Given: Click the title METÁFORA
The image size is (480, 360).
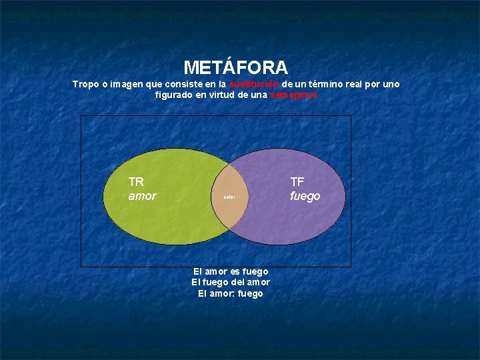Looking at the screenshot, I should (x=235, y=67).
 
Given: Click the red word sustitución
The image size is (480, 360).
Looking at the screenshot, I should (x=254, y=85).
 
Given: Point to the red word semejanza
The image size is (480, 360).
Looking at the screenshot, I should (x=294, y=95).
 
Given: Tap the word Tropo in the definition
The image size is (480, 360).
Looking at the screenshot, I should (x=85, y=85).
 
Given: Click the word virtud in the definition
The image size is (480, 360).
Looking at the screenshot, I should (x=226, y=95).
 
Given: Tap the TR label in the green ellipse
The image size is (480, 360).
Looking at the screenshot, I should (x=136, y=181).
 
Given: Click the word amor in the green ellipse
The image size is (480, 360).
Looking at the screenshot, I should (x=142, y=196).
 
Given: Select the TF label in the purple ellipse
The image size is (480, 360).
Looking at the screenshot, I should (x=297, y=181).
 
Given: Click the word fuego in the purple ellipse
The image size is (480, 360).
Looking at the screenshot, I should (x=305, y=196).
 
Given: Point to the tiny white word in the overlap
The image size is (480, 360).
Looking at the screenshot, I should (x=229, y=198).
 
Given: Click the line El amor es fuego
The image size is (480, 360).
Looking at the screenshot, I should (x=231, y=271).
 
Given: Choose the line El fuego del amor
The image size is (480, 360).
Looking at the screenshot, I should (x=231, y=282).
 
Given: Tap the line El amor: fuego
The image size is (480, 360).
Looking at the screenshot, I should (x=231, y=293).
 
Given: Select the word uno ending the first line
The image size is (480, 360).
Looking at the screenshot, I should (x=392, y=85).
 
